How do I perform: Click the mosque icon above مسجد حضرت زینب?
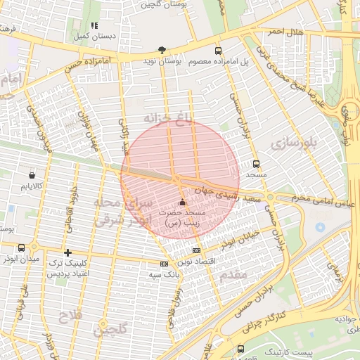[183, 202]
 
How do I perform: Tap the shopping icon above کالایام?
[32, 175]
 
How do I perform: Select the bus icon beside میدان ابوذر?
[22, 247]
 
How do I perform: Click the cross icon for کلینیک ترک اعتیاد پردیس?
[67, 252]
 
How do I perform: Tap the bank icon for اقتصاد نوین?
[195, 251]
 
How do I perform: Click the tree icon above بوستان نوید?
[162, 51]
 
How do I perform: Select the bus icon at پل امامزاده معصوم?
[218, 51]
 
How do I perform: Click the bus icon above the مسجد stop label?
[255, 162]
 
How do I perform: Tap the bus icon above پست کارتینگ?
[241, 349]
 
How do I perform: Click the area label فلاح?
[71, 316]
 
